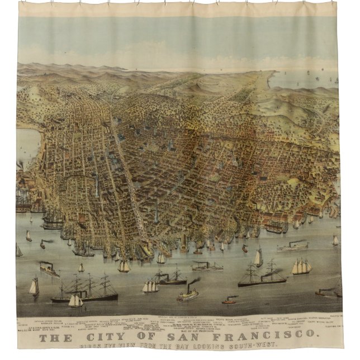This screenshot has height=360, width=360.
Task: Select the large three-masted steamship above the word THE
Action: point(89,291)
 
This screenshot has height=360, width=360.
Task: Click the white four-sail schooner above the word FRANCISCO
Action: point(302,267)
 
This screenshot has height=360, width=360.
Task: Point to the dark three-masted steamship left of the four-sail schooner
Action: point(263,275)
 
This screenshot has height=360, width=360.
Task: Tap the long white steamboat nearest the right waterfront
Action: point(292,247)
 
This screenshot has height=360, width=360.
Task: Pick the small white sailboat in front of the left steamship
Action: point(75,301)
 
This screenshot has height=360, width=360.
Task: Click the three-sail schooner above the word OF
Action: point(150,287)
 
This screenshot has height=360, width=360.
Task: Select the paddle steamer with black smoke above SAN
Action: point(188,294)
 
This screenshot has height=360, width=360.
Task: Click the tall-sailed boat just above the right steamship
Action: point(258,258)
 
